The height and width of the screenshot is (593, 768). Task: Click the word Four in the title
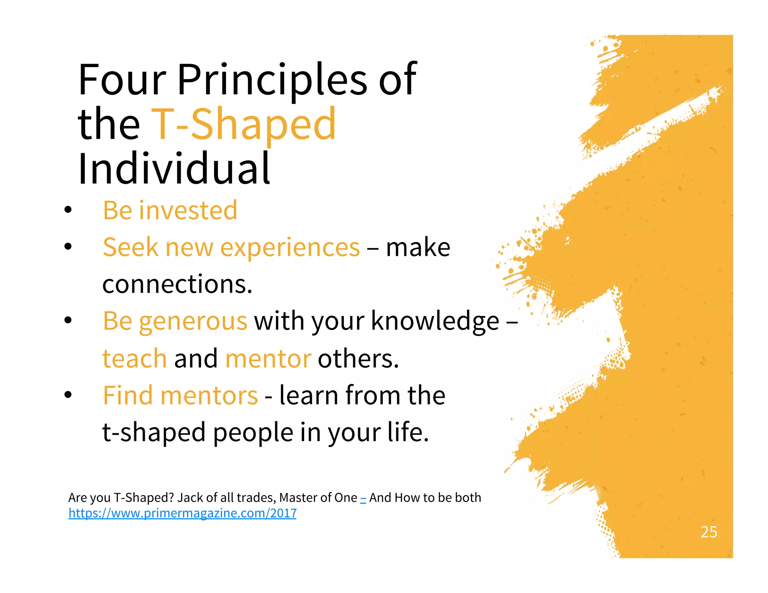point(122,79)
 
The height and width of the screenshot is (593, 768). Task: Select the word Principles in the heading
point(272,79)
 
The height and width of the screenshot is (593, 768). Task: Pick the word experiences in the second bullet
point(290,247)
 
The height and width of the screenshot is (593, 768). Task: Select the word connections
point(177,284)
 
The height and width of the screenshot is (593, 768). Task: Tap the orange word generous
point(193,322)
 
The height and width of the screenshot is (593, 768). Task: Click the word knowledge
point(435,321)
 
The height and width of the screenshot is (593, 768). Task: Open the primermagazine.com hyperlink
point(182,513)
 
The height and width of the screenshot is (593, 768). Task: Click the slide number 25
point(709,532)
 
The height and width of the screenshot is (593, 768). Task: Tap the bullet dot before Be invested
point(68,210)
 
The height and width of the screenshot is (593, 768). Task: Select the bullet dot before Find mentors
point(68,395)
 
